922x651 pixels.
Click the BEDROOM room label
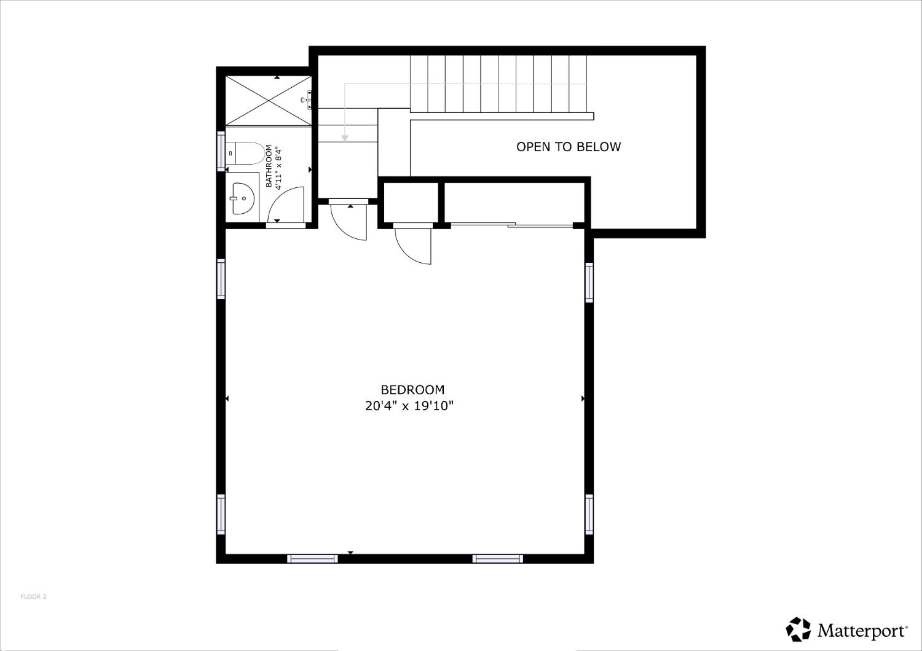(412, 389)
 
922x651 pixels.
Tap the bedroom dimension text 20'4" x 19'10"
(409, 406)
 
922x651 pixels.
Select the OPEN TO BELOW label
(569, 147)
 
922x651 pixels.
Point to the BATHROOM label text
(269, 166)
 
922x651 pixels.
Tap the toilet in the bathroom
(245, 153)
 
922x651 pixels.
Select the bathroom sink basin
(243, 198)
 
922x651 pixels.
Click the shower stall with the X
(269, 101)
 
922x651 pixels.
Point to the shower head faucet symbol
(306, 99)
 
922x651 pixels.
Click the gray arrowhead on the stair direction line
(345, 138)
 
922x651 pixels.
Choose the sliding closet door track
(511, 225)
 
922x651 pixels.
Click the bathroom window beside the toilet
(221, 150)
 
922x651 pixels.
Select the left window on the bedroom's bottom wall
(312, 558)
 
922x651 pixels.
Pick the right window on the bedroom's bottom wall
(498, 558)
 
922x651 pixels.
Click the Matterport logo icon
(798, 630)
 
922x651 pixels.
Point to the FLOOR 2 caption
(34, 597)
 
